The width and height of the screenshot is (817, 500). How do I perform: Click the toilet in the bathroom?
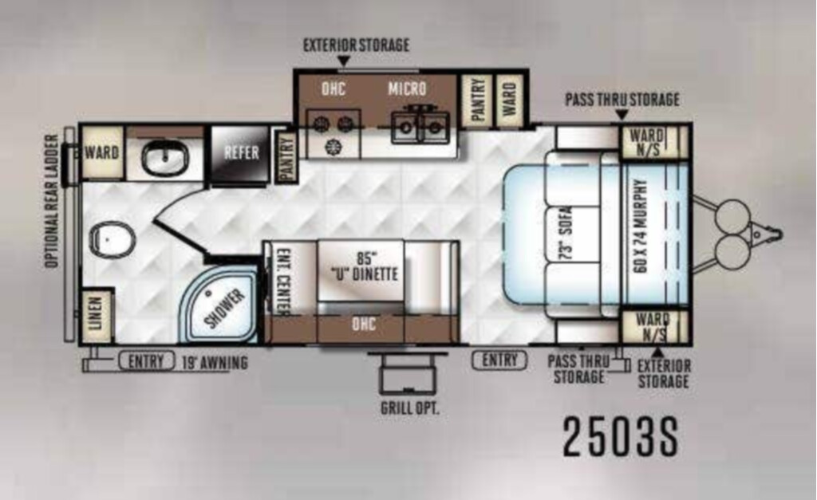112,240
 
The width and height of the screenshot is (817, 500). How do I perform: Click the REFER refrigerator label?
241,152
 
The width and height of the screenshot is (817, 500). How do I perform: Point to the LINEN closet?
96,314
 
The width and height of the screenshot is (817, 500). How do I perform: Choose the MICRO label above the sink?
407,89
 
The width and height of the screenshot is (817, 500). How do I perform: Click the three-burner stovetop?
333,133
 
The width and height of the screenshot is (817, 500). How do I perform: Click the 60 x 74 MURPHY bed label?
641,226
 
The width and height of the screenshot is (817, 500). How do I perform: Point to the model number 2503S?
621,437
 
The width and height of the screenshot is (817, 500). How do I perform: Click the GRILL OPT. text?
410,407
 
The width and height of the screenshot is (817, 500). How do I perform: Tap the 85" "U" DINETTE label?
364,266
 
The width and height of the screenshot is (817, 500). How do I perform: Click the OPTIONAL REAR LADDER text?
52,202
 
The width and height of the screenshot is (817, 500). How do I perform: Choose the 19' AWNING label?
215,363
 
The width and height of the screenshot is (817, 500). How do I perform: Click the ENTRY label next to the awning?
146,361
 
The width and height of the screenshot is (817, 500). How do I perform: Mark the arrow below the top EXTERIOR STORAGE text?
343,61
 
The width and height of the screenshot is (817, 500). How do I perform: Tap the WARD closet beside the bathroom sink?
101,152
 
